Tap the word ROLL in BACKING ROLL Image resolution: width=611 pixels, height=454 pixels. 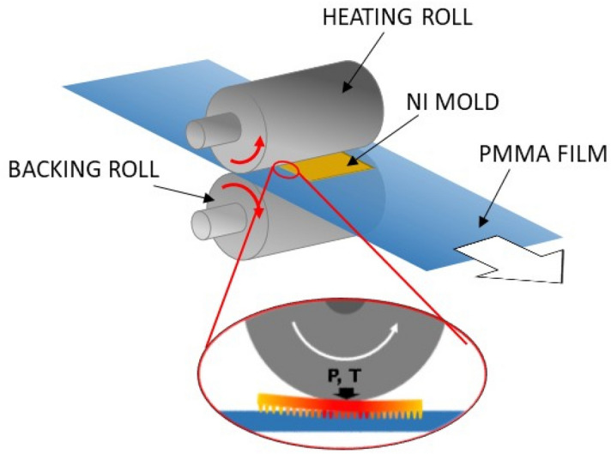[128, 169]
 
